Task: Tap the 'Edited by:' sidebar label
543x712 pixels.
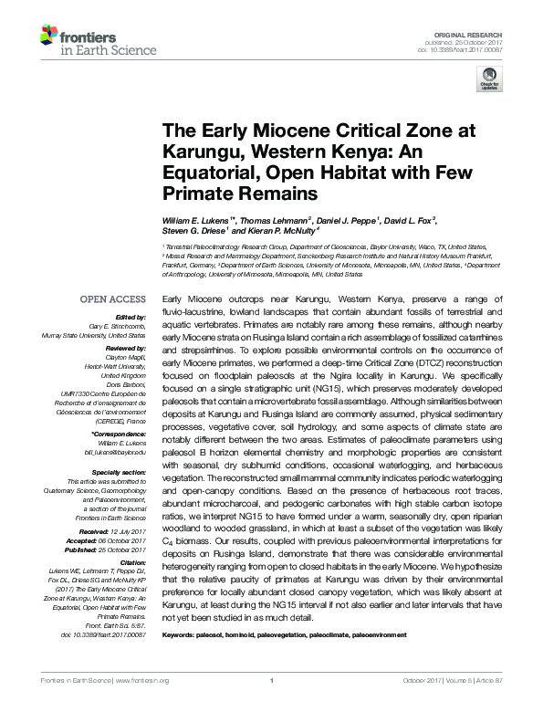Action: [129, 318]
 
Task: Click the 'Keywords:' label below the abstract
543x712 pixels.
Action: [179, 632]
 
